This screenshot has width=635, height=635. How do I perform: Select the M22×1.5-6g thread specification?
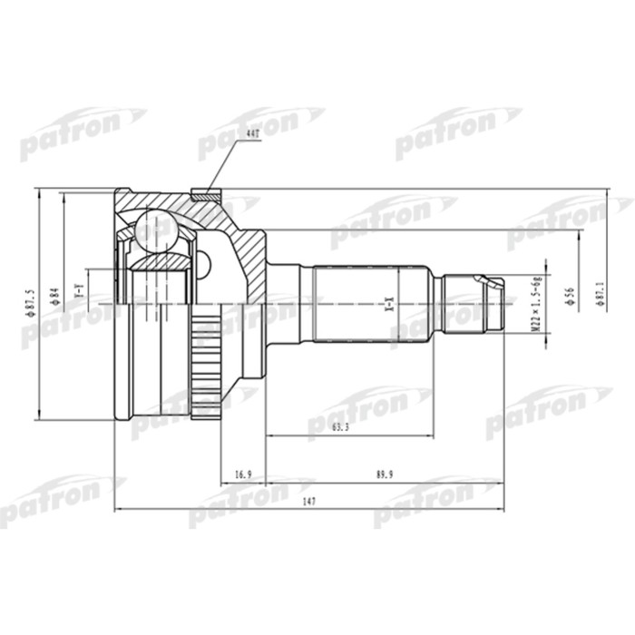pos(536,303)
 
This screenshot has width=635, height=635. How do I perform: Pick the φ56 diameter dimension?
pos(569,298)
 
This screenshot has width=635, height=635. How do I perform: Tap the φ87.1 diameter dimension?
pos(599,298)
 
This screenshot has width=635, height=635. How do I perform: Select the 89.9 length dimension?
pos(372,474)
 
